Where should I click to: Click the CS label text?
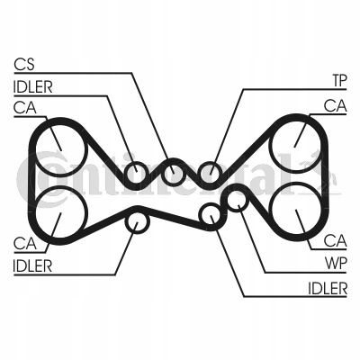click(x=24, y=65)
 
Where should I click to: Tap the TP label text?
click(x=339, y=80)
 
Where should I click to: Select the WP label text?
click(x=336, y=264)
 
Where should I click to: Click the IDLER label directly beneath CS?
click(x=33, y=87)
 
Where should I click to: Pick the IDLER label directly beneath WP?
click(x=328, y=288)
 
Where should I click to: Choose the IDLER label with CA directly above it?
click(x=32, y=265)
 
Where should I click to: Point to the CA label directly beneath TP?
click(x=336, y=106)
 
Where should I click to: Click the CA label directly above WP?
click(x=336, y=240)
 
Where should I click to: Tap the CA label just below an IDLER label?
click(x=25, y=108)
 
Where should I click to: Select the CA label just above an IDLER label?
click(x=25, y=243)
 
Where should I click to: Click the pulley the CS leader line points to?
click(x=173, y=173)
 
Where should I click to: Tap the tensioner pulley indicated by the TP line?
click(x=211, y=173)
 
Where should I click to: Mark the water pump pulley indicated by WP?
click(x=238, y=202)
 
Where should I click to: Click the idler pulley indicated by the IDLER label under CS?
click(x=137, y=173)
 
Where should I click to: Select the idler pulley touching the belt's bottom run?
click(x=137, y=223)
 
